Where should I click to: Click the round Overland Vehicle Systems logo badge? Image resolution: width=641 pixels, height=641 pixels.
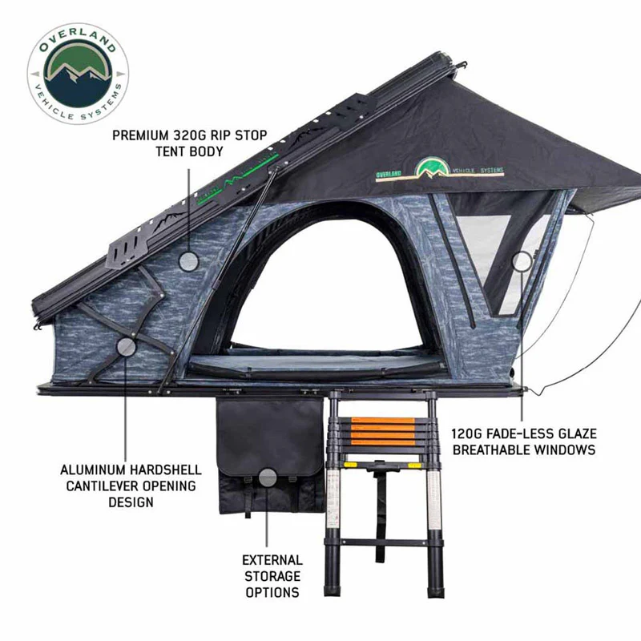(78, 74)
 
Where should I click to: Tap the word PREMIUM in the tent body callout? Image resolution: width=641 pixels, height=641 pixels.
(140, 135)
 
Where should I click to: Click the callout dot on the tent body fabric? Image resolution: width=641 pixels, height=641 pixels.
(188, 261)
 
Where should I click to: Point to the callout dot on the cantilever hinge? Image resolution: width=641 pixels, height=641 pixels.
(126, 347)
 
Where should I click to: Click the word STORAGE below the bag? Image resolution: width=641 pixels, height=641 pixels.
(272, 576)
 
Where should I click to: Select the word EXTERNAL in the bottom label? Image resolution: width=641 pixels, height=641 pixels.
(272, 560)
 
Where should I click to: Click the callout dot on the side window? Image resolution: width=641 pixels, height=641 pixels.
(522, 262)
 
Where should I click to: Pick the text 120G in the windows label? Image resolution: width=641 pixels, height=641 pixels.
(467, 433)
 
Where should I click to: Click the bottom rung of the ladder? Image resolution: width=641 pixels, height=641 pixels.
(384, 542)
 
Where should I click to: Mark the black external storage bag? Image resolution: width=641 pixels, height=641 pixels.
(271, 456)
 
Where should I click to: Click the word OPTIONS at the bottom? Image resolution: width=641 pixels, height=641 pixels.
(272, 592)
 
